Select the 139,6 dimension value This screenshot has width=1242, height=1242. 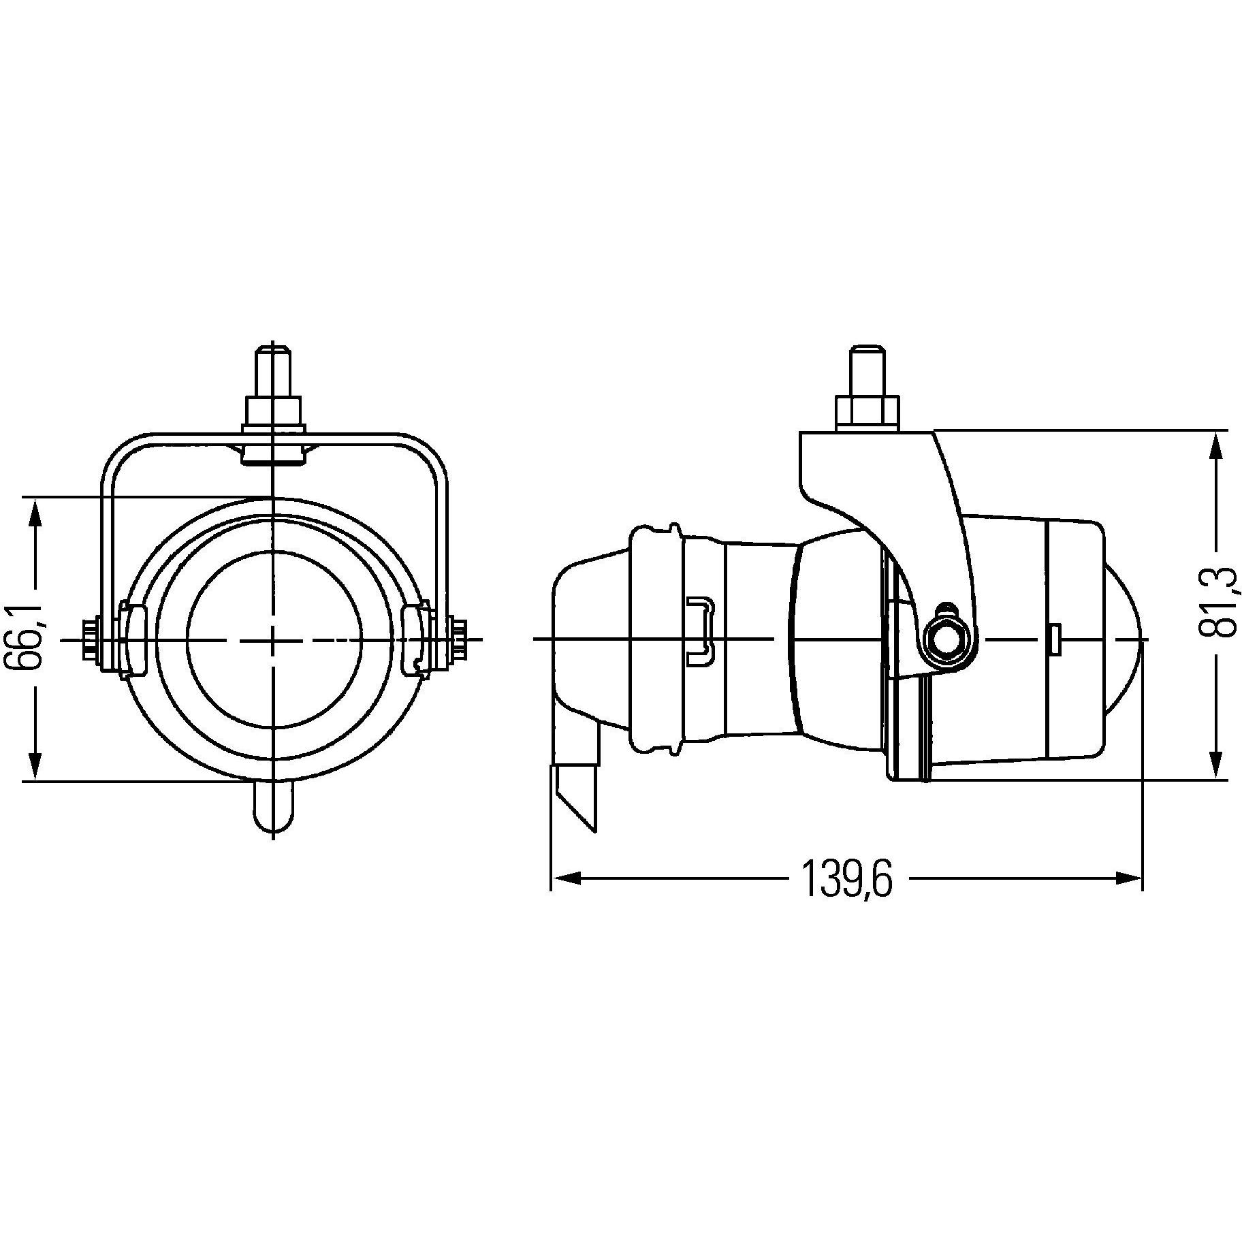[x=846, y=879]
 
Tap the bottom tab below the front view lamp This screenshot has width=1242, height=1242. [x=273, y=807]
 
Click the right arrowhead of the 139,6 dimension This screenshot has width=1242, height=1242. [x=1130, y=879]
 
